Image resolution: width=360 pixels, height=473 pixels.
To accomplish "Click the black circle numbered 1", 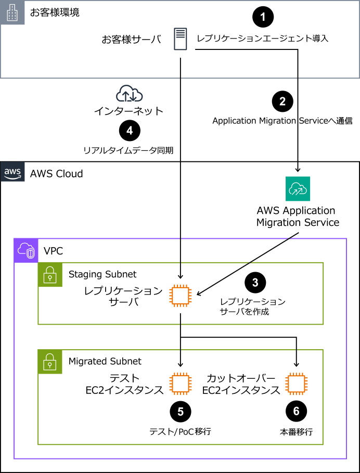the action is tap(263, 17).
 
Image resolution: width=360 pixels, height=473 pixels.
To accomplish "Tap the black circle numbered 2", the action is tap(282, 101).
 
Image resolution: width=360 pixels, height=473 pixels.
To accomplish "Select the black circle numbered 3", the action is tap(255, 283).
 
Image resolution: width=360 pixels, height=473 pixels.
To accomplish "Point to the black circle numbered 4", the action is tap(130, 131).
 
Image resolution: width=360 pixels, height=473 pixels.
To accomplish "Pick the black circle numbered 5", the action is tap(181, 412).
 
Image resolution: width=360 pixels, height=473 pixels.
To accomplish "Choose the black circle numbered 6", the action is tap(297, 411).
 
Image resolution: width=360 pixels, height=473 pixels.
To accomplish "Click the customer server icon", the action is tap(181, 39).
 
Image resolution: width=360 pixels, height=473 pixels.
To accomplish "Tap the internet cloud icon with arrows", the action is tap(130, 93).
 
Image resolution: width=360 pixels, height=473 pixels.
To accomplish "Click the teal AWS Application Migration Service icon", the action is tap(298, 189).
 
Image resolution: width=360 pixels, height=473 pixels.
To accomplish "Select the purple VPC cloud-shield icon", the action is tap(26, 251).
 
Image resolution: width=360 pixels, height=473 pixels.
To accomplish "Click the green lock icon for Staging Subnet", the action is tap(50, 275).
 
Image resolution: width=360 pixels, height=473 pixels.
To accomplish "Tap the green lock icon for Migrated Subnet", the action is tap(50, 362).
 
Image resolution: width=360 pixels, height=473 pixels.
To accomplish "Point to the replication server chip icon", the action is tap(181, 296).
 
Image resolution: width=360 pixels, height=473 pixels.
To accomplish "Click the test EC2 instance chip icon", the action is tap(181, 383).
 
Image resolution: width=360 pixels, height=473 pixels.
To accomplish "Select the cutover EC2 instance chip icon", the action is tap(297, 383).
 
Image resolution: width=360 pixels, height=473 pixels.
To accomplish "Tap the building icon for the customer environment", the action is tap(12, 12).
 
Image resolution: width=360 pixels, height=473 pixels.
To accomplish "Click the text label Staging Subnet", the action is tap(102, 274).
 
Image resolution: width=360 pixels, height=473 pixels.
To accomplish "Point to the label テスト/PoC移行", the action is tap(181, 432).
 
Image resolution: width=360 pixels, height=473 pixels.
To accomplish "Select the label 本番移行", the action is tap(297, 432).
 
